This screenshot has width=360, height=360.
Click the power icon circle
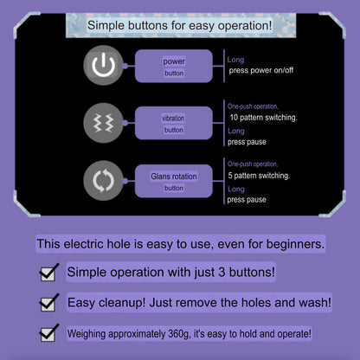[x=103, y=65]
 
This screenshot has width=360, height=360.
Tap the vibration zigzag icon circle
[x=103, y=123]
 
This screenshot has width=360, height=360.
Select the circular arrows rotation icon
[x=103, y=181]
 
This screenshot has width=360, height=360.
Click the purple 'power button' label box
[x=174, y=66]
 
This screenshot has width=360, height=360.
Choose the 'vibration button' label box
[x=174, y=123]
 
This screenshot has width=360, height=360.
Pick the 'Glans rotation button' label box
[x=174, y=181]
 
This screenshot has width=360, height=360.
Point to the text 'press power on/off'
[x=261, y=70]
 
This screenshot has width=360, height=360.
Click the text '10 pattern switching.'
[x=263, y=118]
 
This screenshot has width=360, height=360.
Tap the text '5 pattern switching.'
[x=259, y=176]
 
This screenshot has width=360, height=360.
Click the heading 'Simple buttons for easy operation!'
[x=180, y=25]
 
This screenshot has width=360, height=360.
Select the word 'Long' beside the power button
[x=235, y=60]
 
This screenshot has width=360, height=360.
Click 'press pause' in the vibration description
[x=247, y=142]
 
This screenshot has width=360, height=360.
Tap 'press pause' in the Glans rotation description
[x=247, y=200]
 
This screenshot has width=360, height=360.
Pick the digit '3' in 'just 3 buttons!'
[x=222, y=273]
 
